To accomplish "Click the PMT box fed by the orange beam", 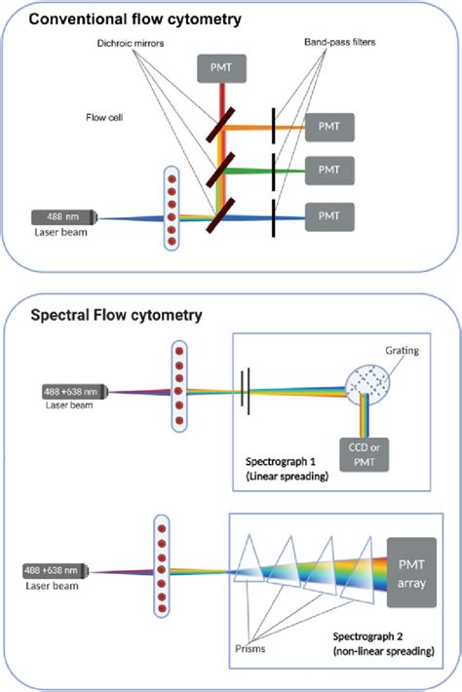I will point(330,127).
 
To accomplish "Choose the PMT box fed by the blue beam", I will point(330,213).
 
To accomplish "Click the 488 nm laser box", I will point(66,217).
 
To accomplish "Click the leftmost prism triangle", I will point(250,570).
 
